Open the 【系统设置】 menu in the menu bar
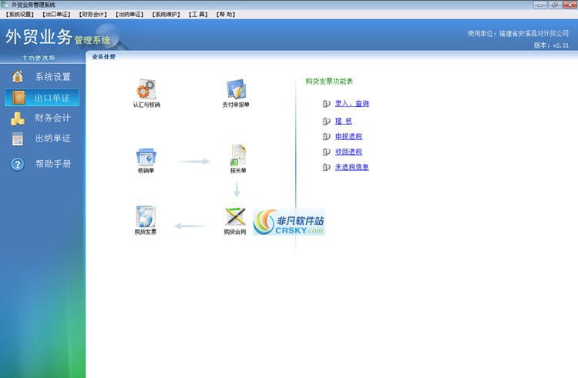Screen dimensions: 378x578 click(19, 14)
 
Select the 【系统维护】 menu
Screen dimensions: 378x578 click(166, 14)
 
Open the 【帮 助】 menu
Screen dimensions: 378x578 click(225, 14)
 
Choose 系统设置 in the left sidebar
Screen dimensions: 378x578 click(42, 77)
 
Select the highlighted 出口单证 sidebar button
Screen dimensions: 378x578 click(42, 98)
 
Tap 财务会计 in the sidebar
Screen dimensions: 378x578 click(42, 119)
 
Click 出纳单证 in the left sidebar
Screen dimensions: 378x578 click(42, 139)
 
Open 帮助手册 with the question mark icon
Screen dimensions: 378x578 click(42, 164)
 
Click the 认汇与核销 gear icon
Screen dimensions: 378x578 click(146, 89)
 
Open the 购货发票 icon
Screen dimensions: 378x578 click(145, 216)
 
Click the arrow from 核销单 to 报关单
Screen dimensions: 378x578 click(194, 162)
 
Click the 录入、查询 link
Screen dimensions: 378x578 click(351, 103)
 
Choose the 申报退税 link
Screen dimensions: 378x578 click(348, 136)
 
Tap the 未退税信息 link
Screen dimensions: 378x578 click(351, 167)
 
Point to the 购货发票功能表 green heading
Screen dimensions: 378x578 click(329, 81)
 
